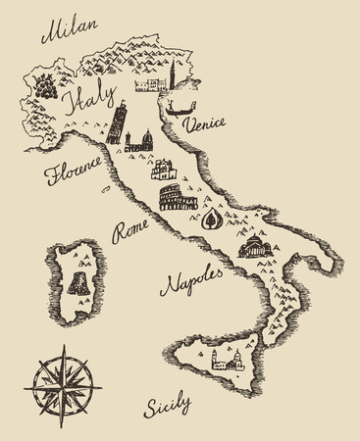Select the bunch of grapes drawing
click(x=45, y=84)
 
